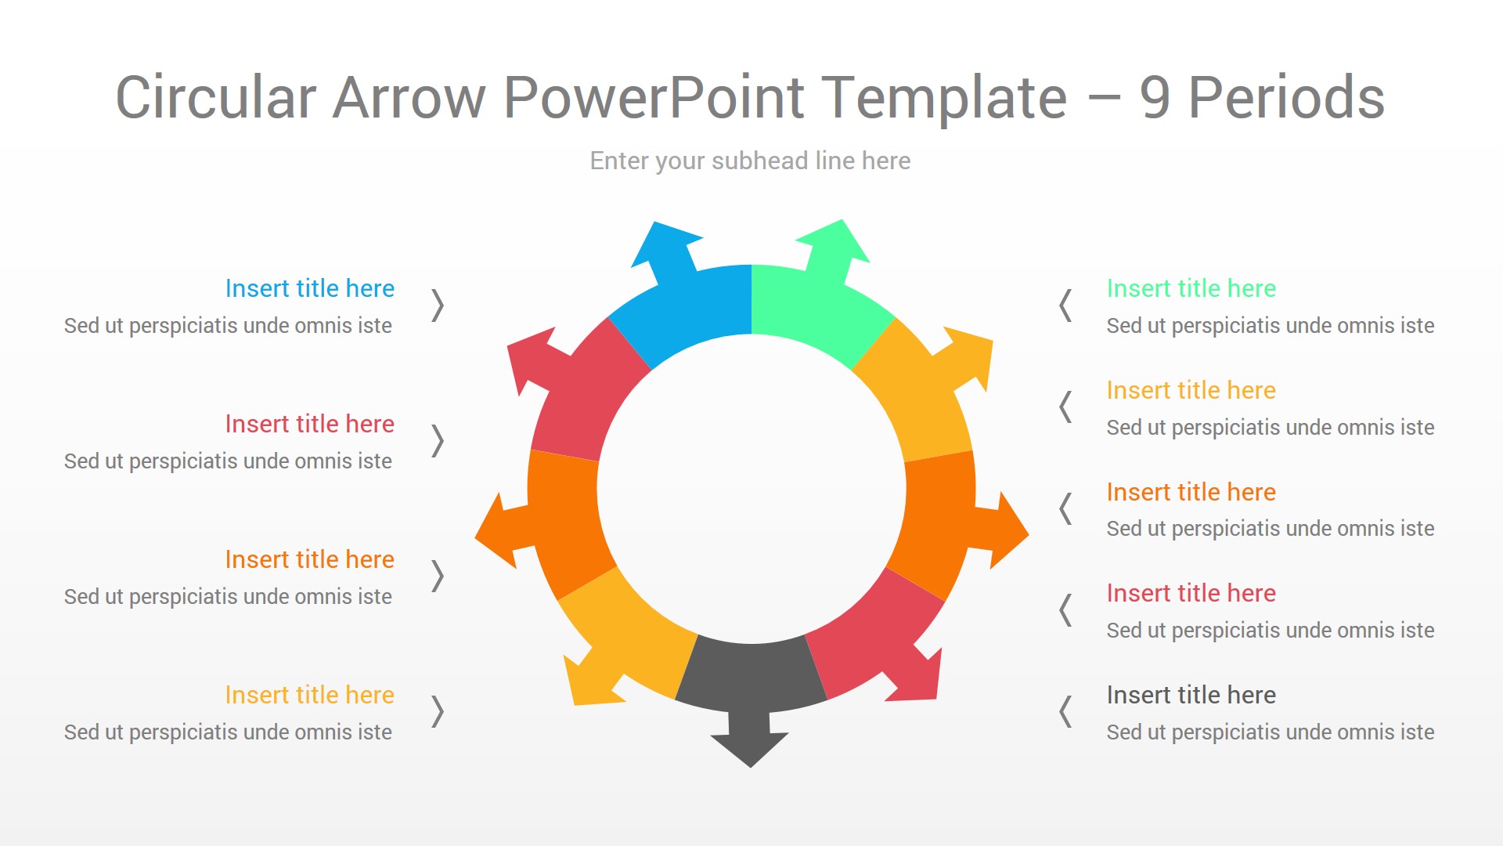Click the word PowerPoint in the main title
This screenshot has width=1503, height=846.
click(x=654, y=99)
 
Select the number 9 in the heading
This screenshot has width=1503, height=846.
click(x=1155, y=99)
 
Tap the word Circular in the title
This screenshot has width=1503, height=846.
click(x=215, y=99)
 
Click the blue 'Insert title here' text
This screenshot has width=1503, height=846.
click(x=309, y=288)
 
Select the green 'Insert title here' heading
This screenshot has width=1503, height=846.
click(x=1191, y=288)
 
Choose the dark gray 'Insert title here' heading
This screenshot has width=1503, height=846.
click(x=1191, y=695)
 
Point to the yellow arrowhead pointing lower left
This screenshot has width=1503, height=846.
click(x=588, y=684)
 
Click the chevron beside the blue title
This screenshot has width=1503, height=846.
click(x=438, y=305)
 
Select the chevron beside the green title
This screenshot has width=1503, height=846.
click(x=1065, y=305)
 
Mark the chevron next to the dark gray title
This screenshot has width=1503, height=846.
click(x=1065, y=712)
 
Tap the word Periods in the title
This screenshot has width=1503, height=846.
click(x=1286, y=99)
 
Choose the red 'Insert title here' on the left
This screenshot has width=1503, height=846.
click(x=309, y=424)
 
